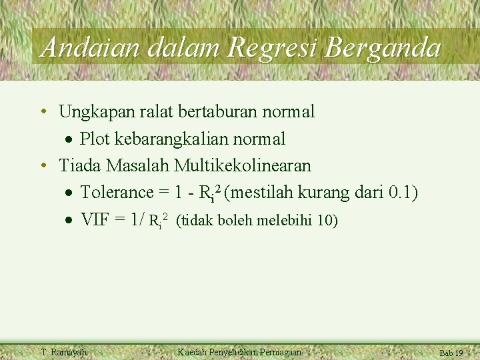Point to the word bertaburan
tap(218, 112)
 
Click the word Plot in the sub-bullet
tap(95, 139)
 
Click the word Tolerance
tap(117, 193)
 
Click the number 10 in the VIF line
tap(327, 220)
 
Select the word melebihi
tap(289, 220)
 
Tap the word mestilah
tap(261, 193)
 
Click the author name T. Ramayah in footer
tap(63, 352)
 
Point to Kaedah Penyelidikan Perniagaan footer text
tap(239, 352)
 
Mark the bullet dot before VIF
tap(69, 219)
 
